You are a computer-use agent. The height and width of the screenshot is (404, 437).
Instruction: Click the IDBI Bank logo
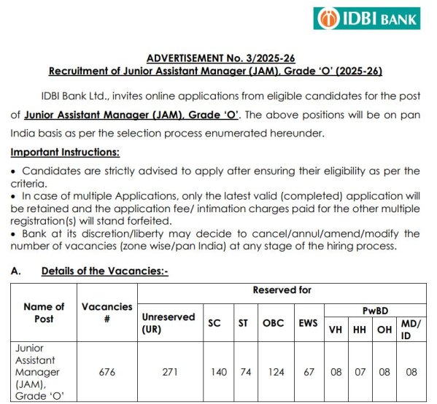click(366, 18)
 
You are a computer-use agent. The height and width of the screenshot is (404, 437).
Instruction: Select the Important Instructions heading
click(65, 152)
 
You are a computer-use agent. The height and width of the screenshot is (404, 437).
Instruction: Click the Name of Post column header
click(44, 313)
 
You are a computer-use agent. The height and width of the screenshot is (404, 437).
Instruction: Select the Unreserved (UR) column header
click(168, 323)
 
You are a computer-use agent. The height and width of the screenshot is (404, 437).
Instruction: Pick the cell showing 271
click(169, 372)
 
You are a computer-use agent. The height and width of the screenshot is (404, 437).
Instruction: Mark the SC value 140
click(218, 372)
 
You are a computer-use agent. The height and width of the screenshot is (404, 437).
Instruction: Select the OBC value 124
click(274, 372)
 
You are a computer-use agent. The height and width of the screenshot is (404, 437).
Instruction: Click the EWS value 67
click(309, 372)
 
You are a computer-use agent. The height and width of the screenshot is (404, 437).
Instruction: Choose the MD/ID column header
click(411, 328)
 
